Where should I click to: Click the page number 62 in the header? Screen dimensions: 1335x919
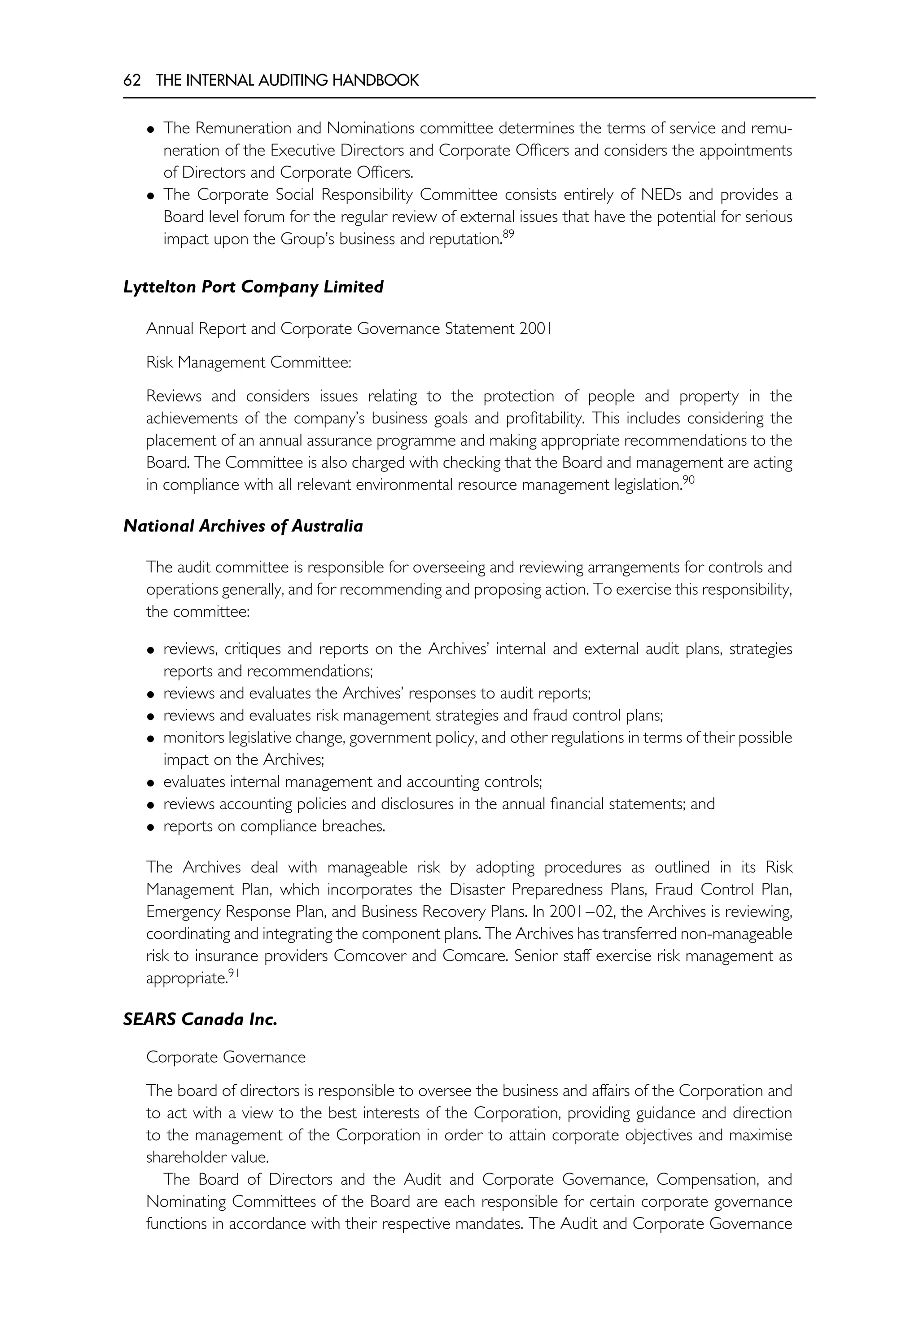[132, 81]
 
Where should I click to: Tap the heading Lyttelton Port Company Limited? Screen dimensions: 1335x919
[254, 287]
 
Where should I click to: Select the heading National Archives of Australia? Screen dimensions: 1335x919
[243, 526]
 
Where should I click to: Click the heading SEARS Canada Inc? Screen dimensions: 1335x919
[201, 1020]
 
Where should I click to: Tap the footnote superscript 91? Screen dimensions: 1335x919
[233, 973]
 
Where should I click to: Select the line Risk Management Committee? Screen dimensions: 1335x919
[249, 362]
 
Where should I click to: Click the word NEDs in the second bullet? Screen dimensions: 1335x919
[661, 195]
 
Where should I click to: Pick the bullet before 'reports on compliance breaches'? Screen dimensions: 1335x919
[151, 827]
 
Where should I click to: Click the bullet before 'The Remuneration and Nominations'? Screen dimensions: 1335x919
[151, 129]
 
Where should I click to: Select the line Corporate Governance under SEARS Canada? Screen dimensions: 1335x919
[226, 1057]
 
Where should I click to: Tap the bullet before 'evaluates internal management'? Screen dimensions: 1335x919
[151, 783]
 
